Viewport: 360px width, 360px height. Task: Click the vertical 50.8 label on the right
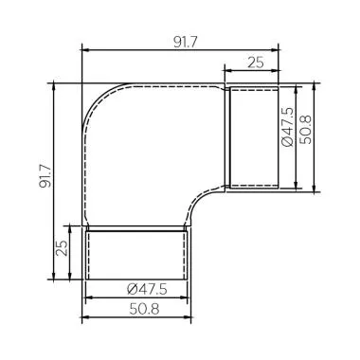[305, 124]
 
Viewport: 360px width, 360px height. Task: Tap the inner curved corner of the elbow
[203, 206]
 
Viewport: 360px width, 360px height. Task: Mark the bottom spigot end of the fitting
[136, 254]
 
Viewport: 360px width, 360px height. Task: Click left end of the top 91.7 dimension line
[82, 49]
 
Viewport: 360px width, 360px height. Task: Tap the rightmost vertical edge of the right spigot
[279, 136]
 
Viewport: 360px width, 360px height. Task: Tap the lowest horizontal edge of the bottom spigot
[136, 280]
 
